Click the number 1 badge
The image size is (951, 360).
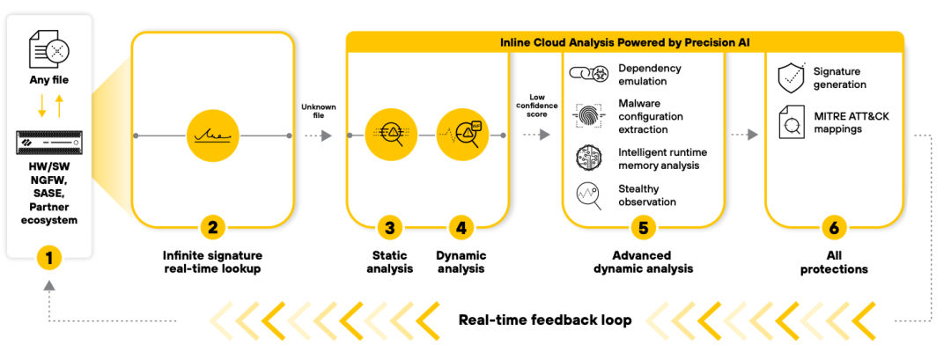(x=49, y=258)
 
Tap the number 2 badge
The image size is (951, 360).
(x=211, y=228)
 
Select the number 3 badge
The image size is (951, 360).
(x=390, y=228)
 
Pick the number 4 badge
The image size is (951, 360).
(x=461, y=228)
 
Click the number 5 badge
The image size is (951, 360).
(x=643, y=228)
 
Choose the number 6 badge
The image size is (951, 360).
(x=833, y=228)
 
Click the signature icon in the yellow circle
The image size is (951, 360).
(x=211, y=136)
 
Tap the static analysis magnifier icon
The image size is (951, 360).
(x=390, y=136)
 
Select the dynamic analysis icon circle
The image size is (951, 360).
(x=461, y=136)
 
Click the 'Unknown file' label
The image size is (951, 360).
(x=318, y=113)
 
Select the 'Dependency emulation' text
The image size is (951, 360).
(x=650, y=75)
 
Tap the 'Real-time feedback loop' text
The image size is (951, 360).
(x=545, y=320)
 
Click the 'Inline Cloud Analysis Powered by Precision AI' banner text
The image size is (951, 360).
(x=624, y=41)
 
